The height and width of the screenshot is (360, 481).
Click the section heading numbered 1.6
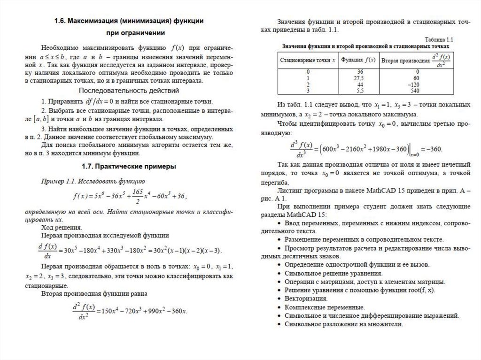click(128, 21)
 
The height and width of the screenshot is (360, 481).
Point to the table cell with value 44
click(358, 84)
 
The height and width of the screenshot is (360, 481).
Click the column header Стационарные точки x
click(308, 61)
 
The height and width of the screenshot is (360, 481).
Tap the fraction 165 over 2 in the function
click(137, 196)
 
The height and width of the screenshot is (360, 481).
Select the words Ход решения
click(58, 227)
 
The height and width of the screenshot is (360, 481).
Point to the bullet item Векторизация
click(306, 299)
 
